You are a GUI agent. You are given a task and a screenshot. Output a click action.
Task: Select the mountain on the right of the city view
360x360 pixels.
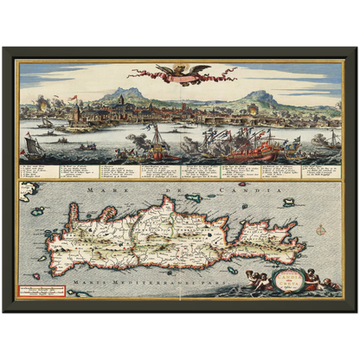[261, 97]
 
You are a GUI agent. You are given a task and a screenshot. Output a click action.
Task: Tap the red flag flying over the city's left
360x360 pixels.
[78, 100]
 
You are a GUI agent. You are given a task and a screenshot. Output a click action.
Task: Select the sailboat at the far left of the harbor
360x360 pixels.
[31, 144]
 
